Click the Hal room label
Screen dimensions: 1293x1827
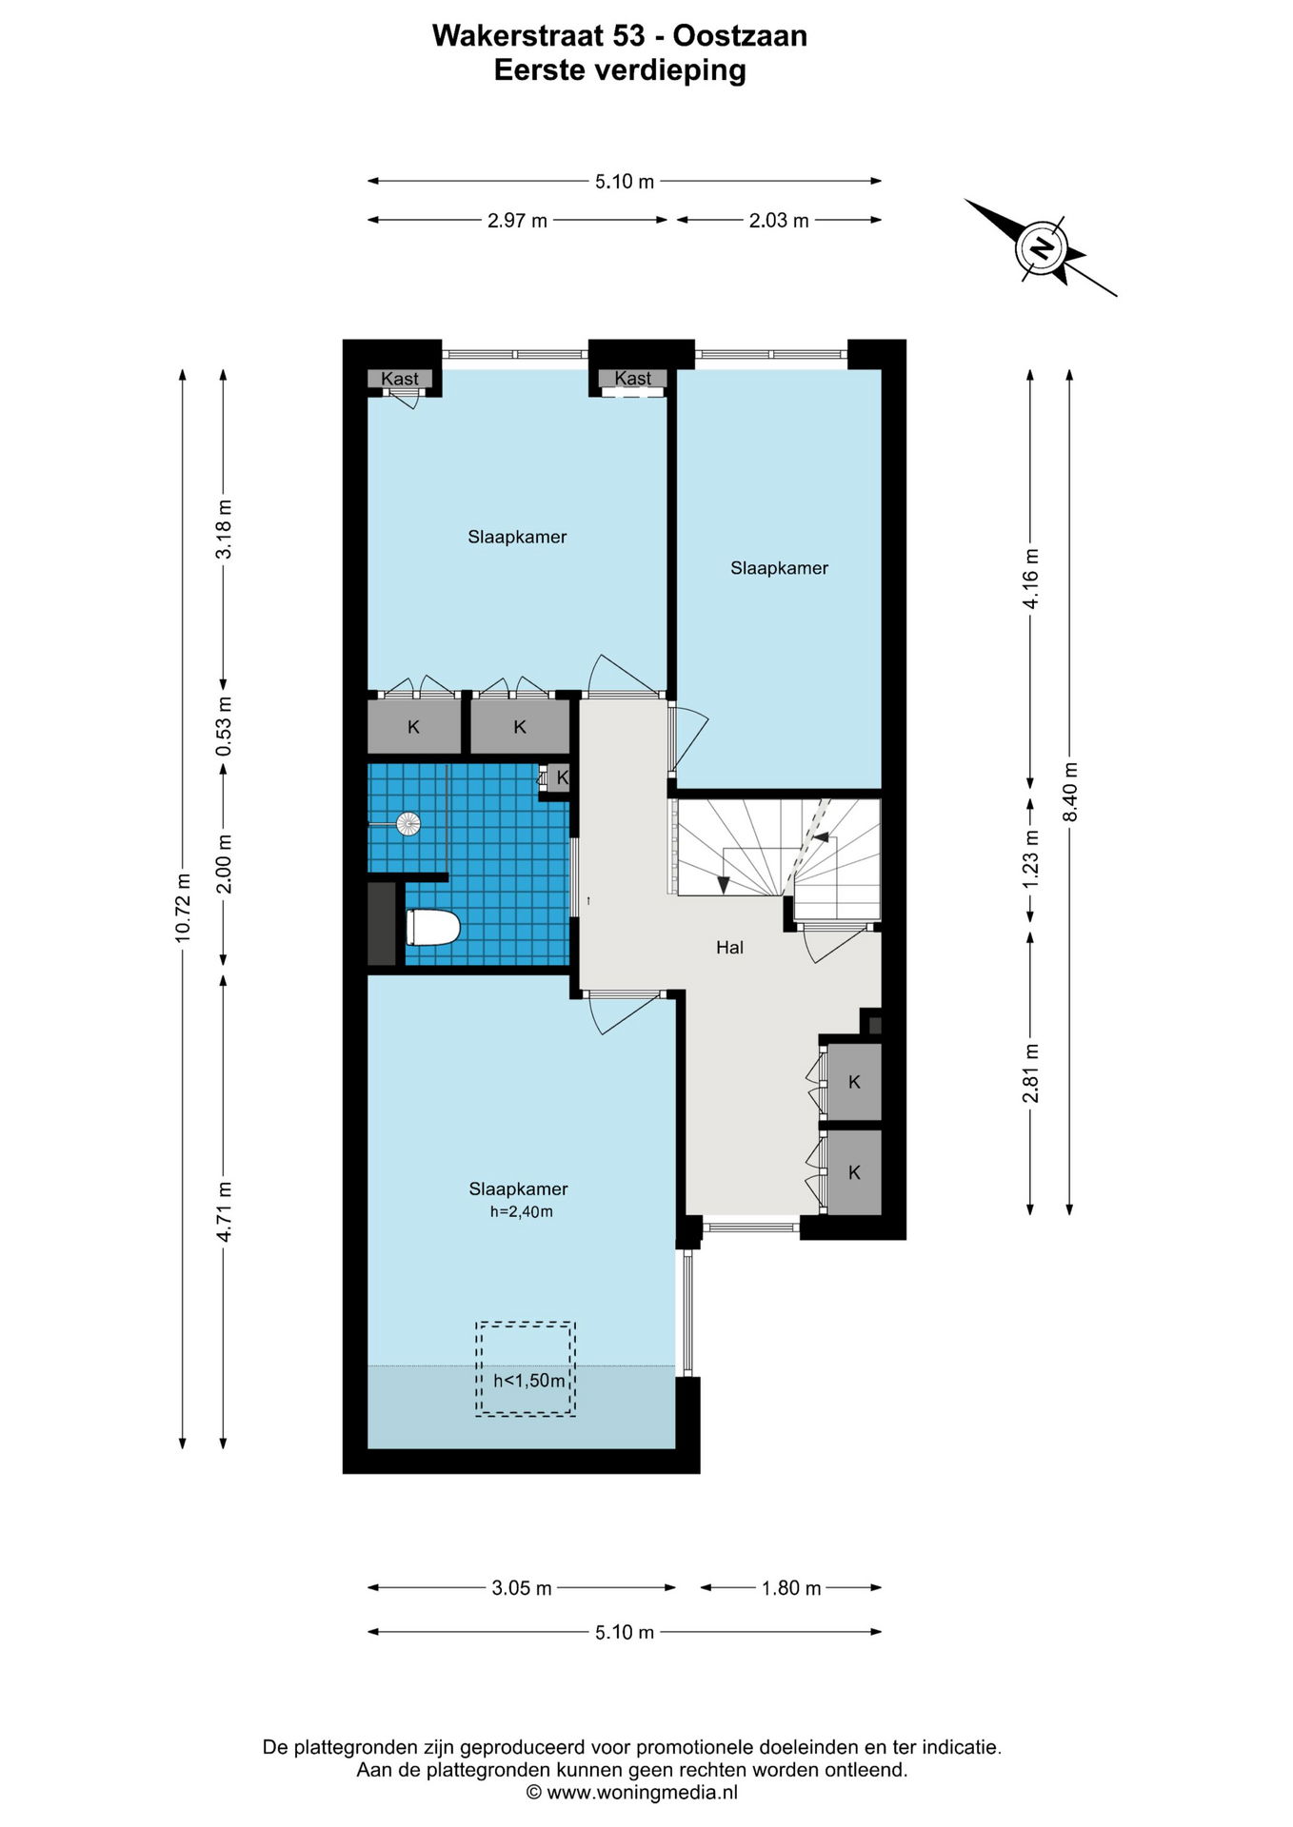pyautogui.click(x=729, y=947)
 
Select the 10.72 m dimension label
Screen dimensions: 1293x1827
pyautogui.click(x=183, y=908)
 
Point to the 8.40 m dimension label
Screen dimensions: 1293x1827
pyautogui.click(x=1069, y=792)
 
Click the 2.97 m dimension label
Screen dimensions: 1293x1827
pyautogui.click(x=517, y=221)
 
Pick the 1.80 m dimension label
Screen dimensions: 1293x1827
pyautogui.click(x=791, y=1588)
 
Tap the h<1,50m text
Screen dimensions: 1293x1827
pyautogui.click(x=529, y=1381)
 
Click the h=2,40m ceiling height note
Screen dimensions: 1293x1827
pyautogui.click(x=522, y=1212)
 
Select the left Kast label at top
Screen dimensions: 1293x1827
pyautogui.click(x=400, y=379)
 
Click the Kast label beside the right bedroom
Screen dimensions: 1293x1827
pyautogui.click(x=633, y=379)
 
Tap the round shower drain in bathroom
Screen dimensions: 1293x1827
pyautogui.click(x=408, y=824)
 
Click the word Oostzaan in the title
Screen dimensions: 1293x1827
pyautogui.click(x=740, y=36)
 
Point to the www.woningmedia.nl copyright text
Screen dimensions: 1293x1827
pyautogui.click(x=632, y=1793)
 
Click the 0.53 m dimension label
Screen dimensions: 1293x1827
pyautogui.click(x=224, y=727)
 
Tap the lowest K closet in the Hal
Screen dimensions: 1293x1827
pyautogui.click(x=854, y=1172)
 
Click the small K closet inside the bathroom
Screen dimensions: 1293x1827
pyautogui.click(x=561, y=777)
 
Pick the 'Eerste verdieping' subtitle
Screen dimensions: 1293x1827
pyautogui.click(x=620, y=70)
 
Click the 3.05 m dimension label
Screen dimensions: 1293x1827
pyautogui.click(x=522, y=1588)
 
